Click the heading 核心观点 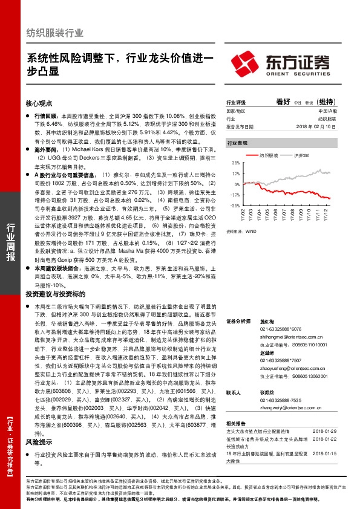[x=40, y=103]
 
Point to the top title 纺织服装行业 [x=55, y=33]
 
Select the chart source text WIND [x=250, y=230]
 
